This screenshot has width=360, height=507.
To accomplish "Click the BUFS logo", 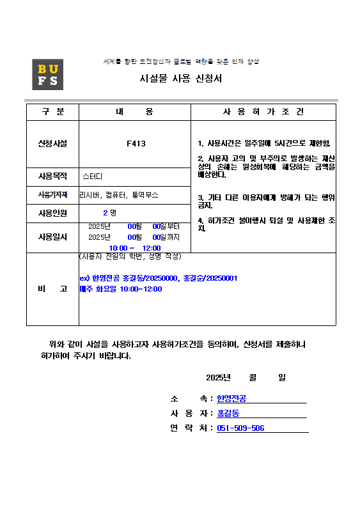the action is tap(47, 74).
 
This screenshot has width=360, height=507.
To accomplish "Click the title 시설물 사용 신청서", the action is tap(181, 79).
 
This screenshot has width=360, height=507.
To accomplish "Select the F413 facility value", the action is tap(136, 144).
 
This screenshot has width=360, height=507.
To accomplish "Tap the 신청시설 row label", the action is tap(52, 144).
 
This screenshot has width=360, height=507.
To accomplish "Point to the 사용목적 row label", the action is tap(52, 176).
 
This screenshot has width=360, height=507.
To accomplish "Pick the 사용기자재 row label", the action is tap(52, 194).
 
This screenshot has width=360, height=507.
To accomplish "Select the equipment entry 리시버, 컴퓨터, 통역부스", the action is tap(119, 194).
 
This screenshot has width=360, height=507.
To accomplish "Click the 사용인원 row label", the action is tap(52, 213).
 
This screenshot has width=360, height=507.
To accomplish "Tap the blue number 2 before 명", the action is tap(105, 213).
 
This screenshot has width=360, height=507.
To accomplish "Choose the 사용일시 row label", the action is tap(52, 237).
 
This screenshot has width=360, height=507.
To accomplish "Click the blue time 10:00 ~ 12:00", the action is tap(134, 247).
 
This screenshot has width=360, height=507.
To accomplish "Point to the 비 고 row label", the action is tap(52, 289).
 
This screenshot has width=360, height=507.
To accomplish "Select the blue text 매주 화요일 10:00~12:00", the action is tap(121, 289).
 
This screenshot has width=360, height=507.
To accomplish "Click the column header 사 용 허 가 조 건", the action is tap(263, 111).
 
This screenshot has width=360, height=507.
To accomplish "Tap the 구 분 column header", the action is tap(52, 111).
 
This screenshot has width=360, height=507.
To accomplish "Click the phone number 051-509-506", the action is tap(241, 428).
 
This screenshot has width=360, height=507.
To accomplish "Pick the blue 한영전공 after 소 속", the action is tap(231, 399).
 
